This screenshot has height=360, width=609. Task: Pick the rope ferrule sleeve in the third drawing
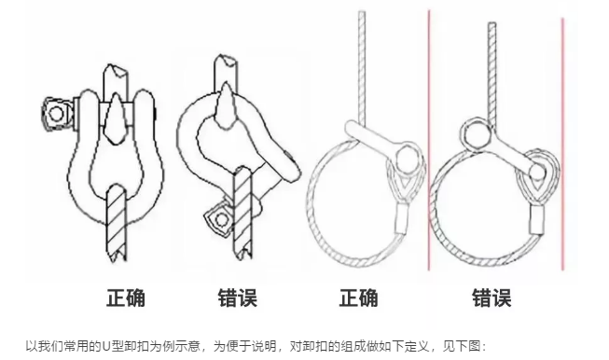[404, 220]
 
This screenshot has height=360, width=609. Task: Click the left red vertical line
[428, 140]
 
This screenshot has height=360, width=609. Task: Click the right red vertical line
[562, 140]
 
